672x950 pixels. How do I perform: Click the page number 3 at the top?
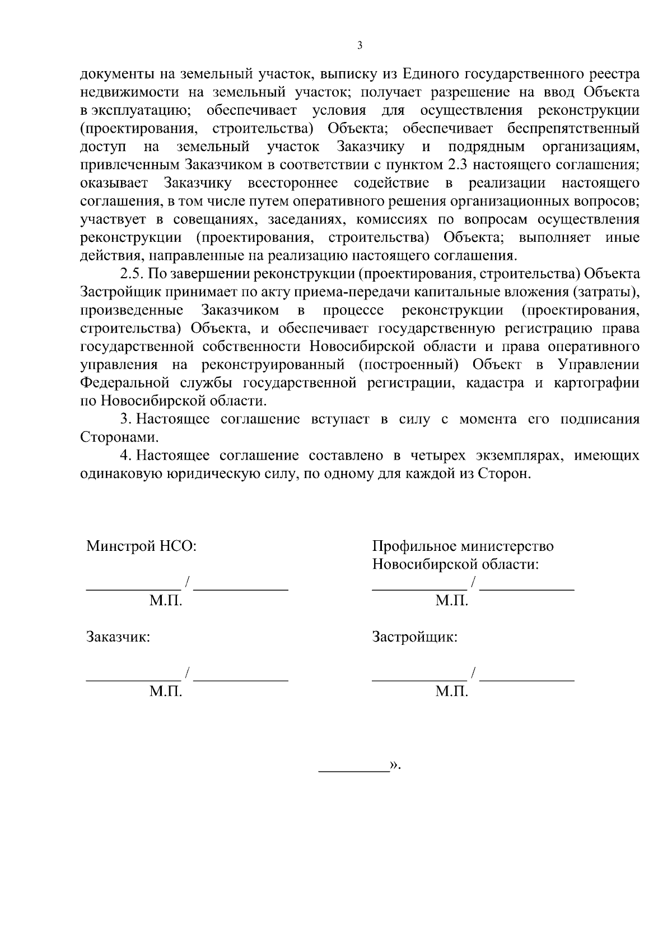360,46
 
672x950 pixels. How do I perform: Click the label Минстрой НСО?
141,546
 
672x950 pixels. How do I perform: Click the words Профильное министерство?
463,546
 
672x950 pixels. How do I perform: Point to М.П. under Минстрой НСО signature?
166,601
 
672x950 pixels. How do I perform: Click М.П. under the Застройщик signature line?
452,692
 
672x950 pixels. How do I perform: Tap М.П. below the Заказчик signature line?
166,692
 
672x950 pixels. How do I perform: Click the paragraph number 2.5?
133,274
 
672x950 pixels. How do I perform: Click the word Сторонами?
116,437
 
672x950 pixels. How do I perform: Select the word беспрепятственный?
573,128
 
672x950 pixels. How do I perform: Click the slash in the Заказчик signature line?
188,673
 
